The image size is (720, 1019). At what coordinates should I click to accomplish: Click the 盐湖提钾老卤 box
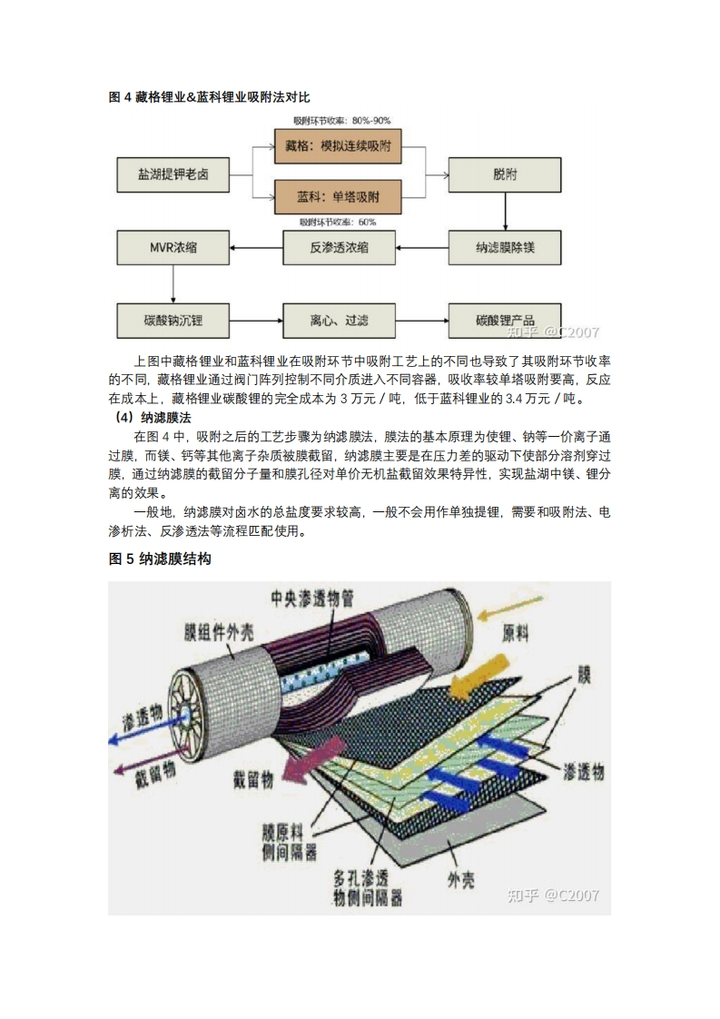pos(173,173)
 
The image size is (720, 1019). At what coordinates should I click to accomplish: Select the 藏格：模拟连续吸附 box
pos(338,146)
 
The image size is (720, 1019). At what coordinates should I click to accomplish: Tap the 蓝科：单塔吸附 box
pos(338,196)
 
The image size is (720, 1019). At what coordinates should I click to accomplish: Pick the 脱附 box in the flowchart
pos(505,173)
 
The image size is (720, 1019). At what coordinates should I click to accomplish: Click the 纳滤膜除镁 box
pos(505,247)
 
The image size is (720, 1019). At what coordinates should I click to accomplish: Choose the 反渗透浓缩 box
pos(339,247)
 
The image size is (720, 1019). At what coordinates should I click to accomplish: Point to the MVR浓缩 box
pos(173,247)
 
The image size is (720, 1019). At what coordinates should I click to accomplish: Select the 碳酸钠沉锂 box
pos(173,321)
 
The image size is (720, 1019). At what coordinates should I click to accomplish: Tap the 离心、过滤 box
pos(339,321)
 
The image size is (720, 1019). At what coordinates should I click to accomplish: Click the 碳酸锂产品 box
pos(505,321)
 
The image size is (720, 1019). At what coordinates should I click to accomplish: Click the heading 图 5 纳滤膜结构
pos(160,559)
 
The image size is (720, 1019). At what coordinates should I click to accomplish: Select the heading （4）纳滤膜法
pos(150,418)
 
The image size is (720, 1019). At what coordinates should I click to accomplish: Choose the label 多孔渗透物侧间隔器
pos(367,888)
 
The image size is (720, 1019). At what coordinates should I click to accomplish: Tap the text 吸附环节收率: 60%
pos(338,222)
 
